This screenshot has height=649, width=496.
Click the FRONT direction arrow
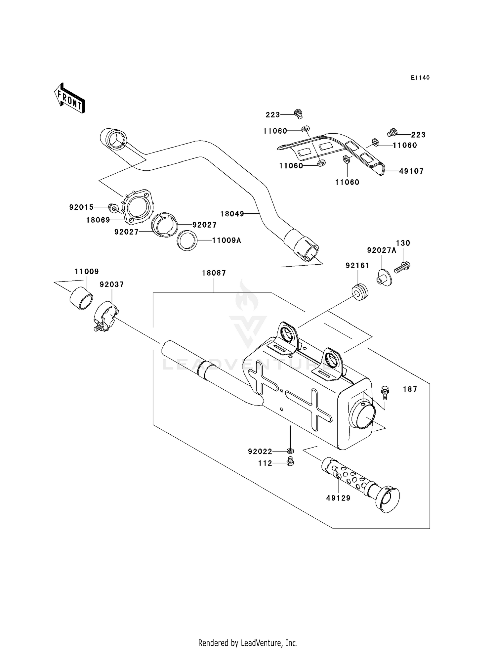click(70, 99)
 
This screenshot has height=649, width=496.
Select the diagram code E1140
click(420, 78)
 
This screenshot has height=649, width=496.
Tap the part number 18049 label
click(232, 214)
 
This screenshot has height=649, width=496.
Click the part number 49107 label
click(411, 171)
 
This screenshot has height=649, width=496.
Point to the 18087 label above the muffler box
click(214, 273)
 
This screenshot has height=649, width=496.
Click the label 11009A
click(227, 240)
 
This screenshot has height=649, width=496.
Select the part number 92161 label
click(357, 266)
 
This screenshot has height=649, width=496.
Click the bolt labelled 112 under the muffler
click(290, 462)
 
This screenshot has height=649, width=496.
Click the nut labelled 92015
click(113, 208)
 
